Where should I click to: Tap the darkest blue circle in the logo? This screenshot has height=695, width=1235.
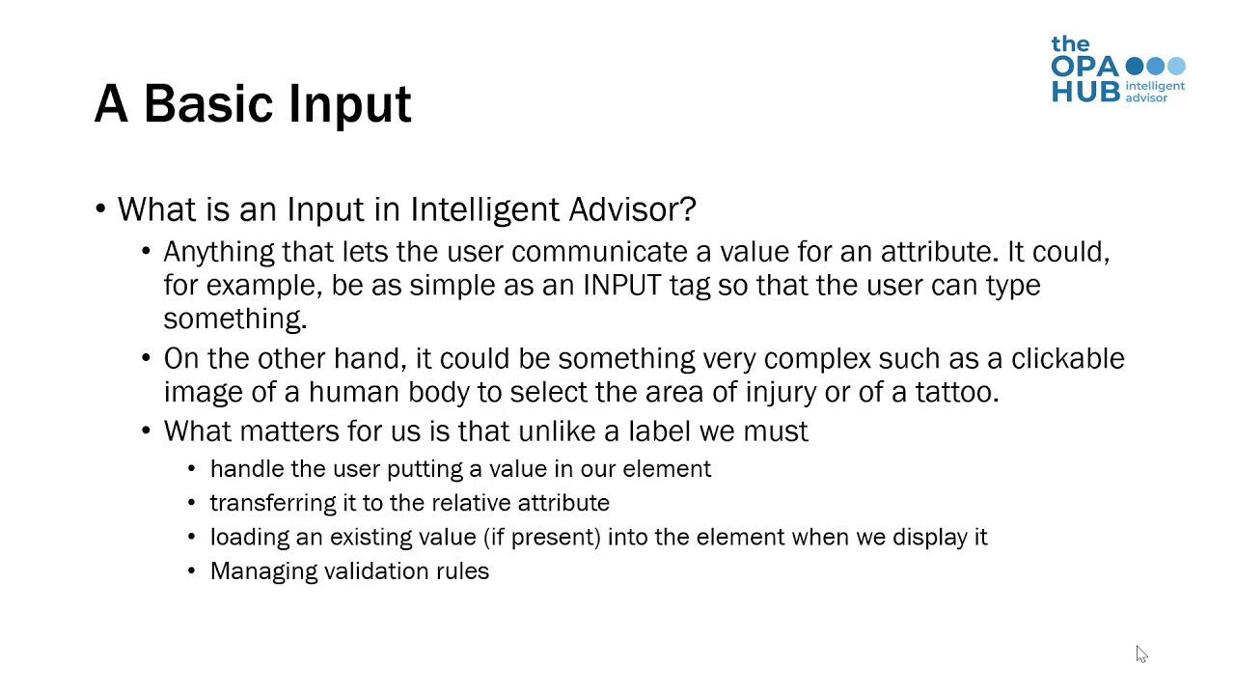(1135, 67)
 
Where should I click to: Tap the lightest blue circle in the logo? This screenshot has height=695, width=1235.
(1176, 67)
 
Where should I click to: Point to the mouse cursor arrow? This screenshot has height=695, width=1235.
(1140, 653)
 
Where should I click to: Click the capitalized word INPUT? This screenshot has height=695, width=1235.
(621, 286)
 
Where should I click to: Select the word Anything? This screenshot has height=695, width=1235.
(219, 253)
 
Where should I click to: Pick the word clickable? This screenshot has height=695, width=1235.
(1067, 358)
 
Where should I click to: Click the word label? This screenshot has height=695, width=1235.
(660, 431)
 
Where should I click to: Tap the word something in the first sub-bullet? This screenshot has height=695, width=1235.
(234, 319)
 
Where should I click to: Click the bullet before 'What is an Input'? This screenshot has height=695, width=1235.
(100, 209)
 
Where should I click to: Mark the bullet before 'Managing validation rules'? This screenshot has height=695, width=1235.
(191, 571)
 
